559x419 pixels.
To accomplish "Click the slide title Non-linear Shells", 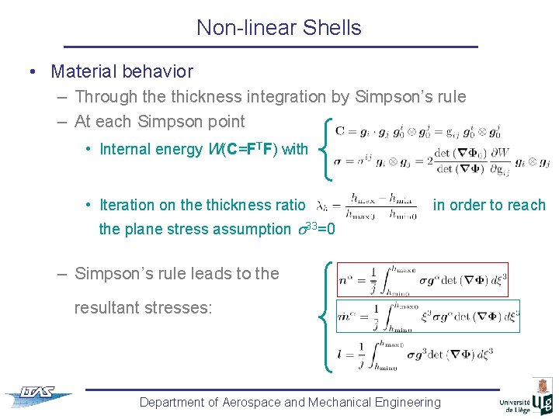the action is click(279, 28).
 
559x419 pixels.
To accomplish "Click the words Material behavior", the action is click(122, 71).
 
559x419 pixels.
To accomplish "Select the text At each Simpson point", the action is click(159, 121).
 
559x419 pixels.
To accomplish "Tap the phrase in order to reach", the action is click(489, 205).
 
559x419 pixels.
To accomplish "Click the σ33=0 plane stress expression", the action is click(315, 229).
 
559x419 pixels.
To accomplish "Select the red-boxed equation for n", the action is click(422, 279).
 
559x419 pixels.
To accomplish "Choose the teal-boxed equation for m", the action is click(428, 316).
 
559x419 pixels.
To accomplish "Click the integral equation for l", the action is click(415, 354).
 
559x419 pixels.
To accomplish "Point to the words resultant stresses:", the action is click(142, 307).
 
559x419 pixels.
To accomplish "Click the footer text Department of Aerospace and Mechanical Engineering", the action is click(290, 402).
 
